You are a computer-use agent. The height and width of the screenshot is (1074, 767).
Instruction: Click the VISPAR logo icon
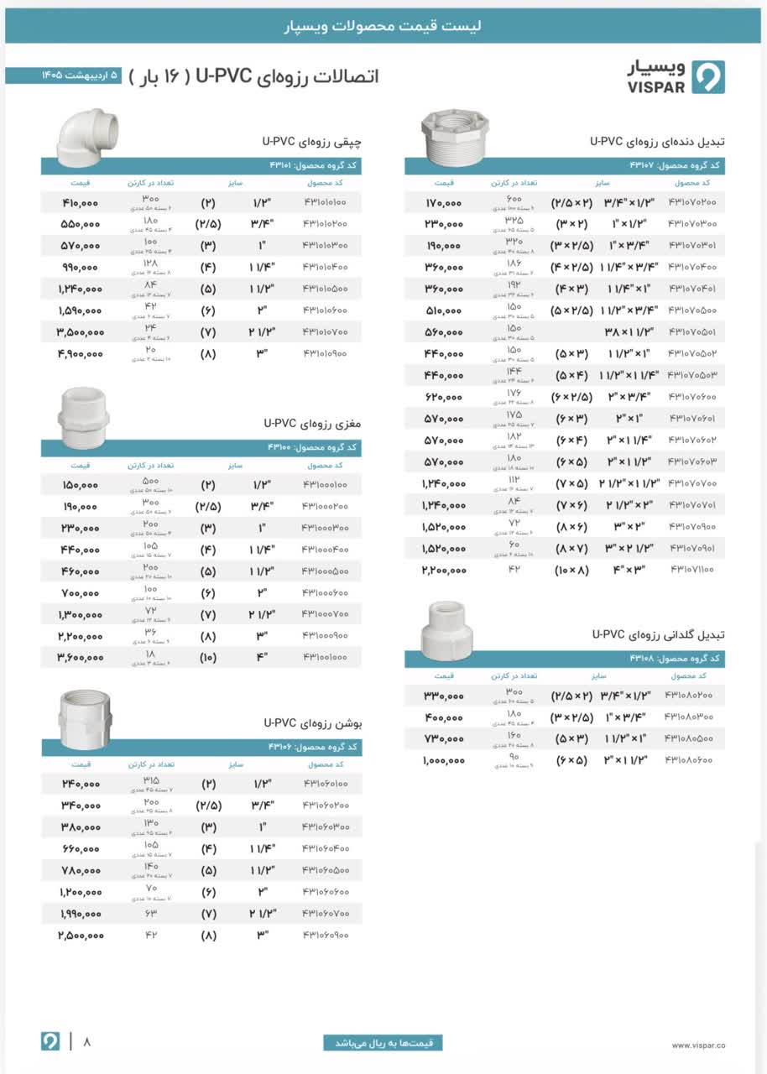click(x=708, y=76)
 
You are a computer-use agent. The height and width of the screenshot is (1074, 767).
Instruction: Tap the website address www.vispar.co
click(x=698, y=1045)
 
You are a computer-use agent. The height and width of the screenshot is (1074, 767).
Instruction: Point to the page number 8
click(x=86, y=1042)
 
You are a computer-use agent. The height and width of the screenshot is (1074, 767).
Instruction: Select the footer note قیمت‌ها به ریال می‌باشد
click(x=383, y=1043)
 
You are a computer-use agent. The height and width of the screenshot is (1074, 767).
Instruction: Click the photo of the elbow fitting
click(x=86, y=133)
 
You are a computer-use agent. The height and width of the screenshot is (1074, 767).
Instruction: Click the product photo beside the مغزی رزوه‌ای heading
click(x=86, y=418)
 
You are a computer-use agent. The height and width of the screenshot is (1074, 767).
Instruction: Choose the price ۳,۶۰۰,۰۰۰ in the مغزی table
click(x=81, y=657)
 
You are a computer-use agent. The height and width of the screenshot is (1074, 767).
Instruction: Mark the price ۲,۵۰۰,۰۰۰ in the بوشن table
click(x=81, y=934)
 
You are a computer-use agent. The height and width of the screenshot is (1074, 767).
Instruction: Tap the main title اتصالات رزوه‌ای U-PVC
click(x=288, y=76)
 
